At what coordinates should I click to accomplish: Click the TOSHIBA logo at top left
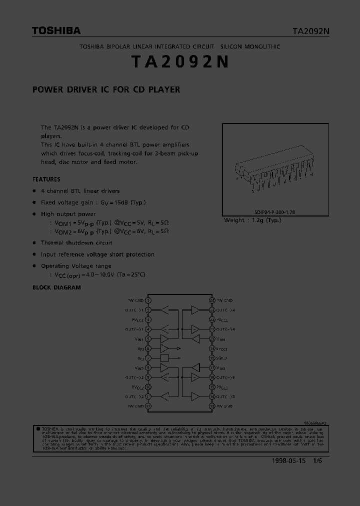(x=56, y=31)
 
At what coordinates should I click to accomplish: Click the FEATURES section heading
(x=46, y=179)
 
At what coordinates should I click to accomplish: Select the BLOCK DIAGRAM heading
(x=56, y=287)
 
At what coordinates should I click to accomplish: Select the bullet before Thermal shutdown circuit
(x=34, y=243)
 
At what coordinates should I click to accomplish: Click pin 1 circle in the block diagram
(x=148, y=300)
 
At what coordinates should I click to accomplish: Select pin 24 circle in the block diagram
(x=212, y=300)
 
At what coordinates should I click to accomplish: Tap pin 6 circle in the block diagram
(x=148, y=348)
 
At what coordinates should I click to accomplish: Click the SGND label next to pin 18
(x=222, y=358)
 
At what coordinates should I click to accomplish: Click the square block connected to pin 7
(x=164, y=358)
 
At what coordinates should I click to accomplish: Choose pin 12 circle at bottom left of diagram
(x=148, y=406)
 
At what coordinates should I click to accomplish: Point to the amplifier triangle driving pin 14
(x=195, y=396)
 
